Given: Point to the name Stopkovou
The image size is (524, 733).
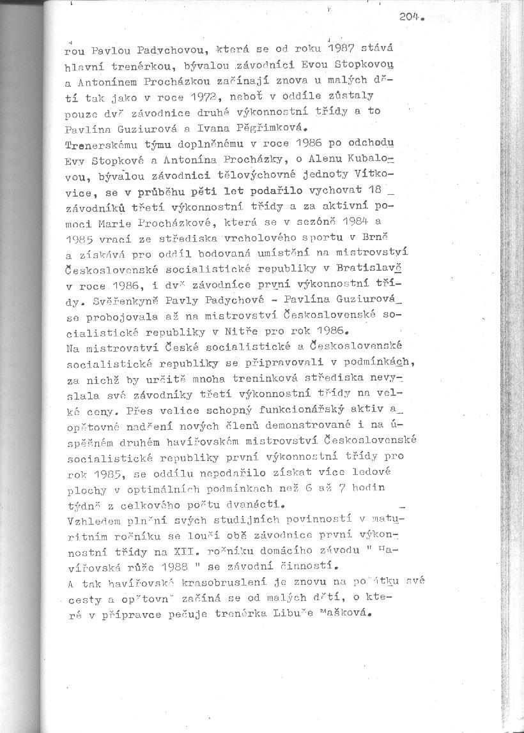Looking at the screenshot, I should pos(381,64).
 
